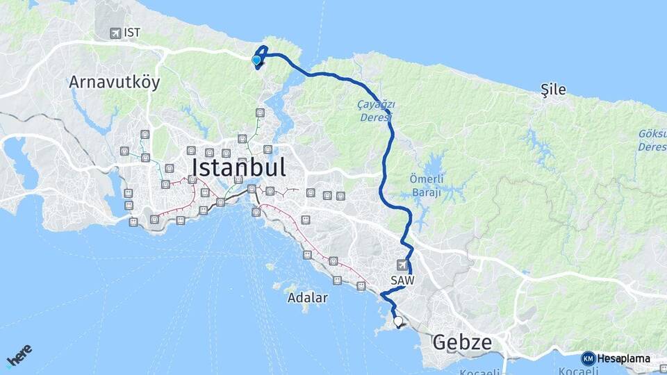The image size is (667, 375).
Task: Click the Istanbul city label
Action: (x=238, y=168)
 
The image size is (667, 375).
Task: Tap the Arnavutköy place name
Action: (x=114, y=82)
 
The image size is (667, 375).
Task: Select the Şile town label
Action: (x=553, y=89)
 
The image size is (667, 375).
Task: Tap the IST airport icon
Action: (x=115, y=33)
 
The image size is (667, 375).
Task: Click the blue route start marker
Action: (x=256, y=60)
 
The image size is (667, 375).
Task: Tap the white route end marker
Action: (x=398, y=321)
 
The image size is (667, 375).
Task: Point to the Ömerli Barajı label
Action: (x=421, y=185)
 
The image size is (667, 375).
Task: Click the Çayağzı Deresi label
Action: (x=377, y=110)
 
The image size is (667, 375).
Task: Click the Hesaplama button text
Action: (x=624, y=358)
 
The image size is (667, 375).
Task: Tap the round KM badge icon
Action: (x=588, y=358)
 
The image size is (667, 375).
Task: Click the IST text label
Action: (x=132, y=33)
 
